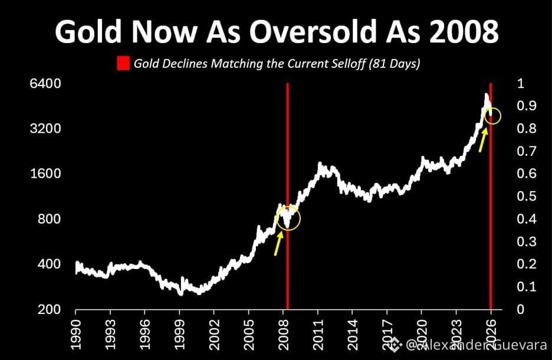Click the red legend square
coord(123,64)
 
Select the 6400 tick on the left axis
coord(45,84)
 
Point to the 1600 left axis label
coord(45,174)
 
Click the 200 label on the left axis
coord(50,309)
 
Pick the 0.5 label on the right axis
coord(527,196)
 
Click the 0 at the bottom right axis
coord(521,309)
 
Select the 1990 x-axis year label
coord(75,335)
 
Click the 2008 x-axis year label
coord(283,335)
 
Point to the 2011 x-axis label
coord(317,335)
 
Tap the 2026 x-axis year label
coord(491,335)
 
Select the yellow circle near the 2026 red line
coord(500,116)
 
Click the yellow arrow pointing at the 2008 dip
coord(278,243)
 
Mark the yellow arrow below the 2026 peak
coord(483,140)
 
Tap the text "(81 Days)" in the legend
coord(395,64)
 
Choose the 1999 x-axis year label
coord(179,335)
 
